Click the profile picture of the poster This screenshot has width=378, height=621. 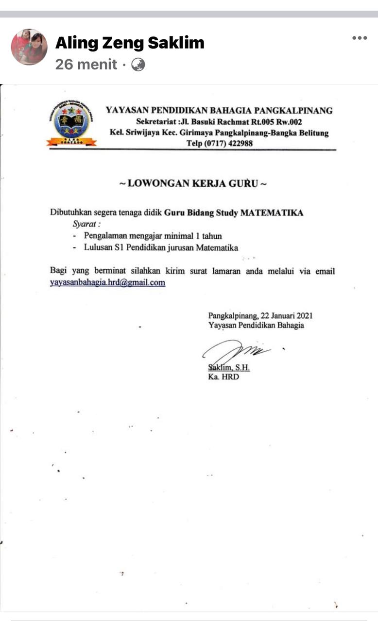(x=29, y=47)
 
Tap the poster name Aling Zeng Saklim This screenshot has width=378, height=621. (x=130, y=43)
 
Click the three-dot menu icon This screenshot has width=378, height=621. (x=360, y=38)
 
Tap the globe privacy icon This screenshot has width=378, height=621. (x=138, y=65)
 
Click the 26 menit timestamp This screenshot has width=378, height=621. (x=86, y=65)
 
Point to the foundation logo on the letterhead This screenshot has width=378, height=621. (x=71, y=123)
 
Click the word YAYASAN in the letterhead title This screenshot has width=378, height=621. (x=126, y=110)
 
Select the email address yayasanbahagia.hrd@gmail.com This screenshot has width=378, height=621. (x=107, y=282)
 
